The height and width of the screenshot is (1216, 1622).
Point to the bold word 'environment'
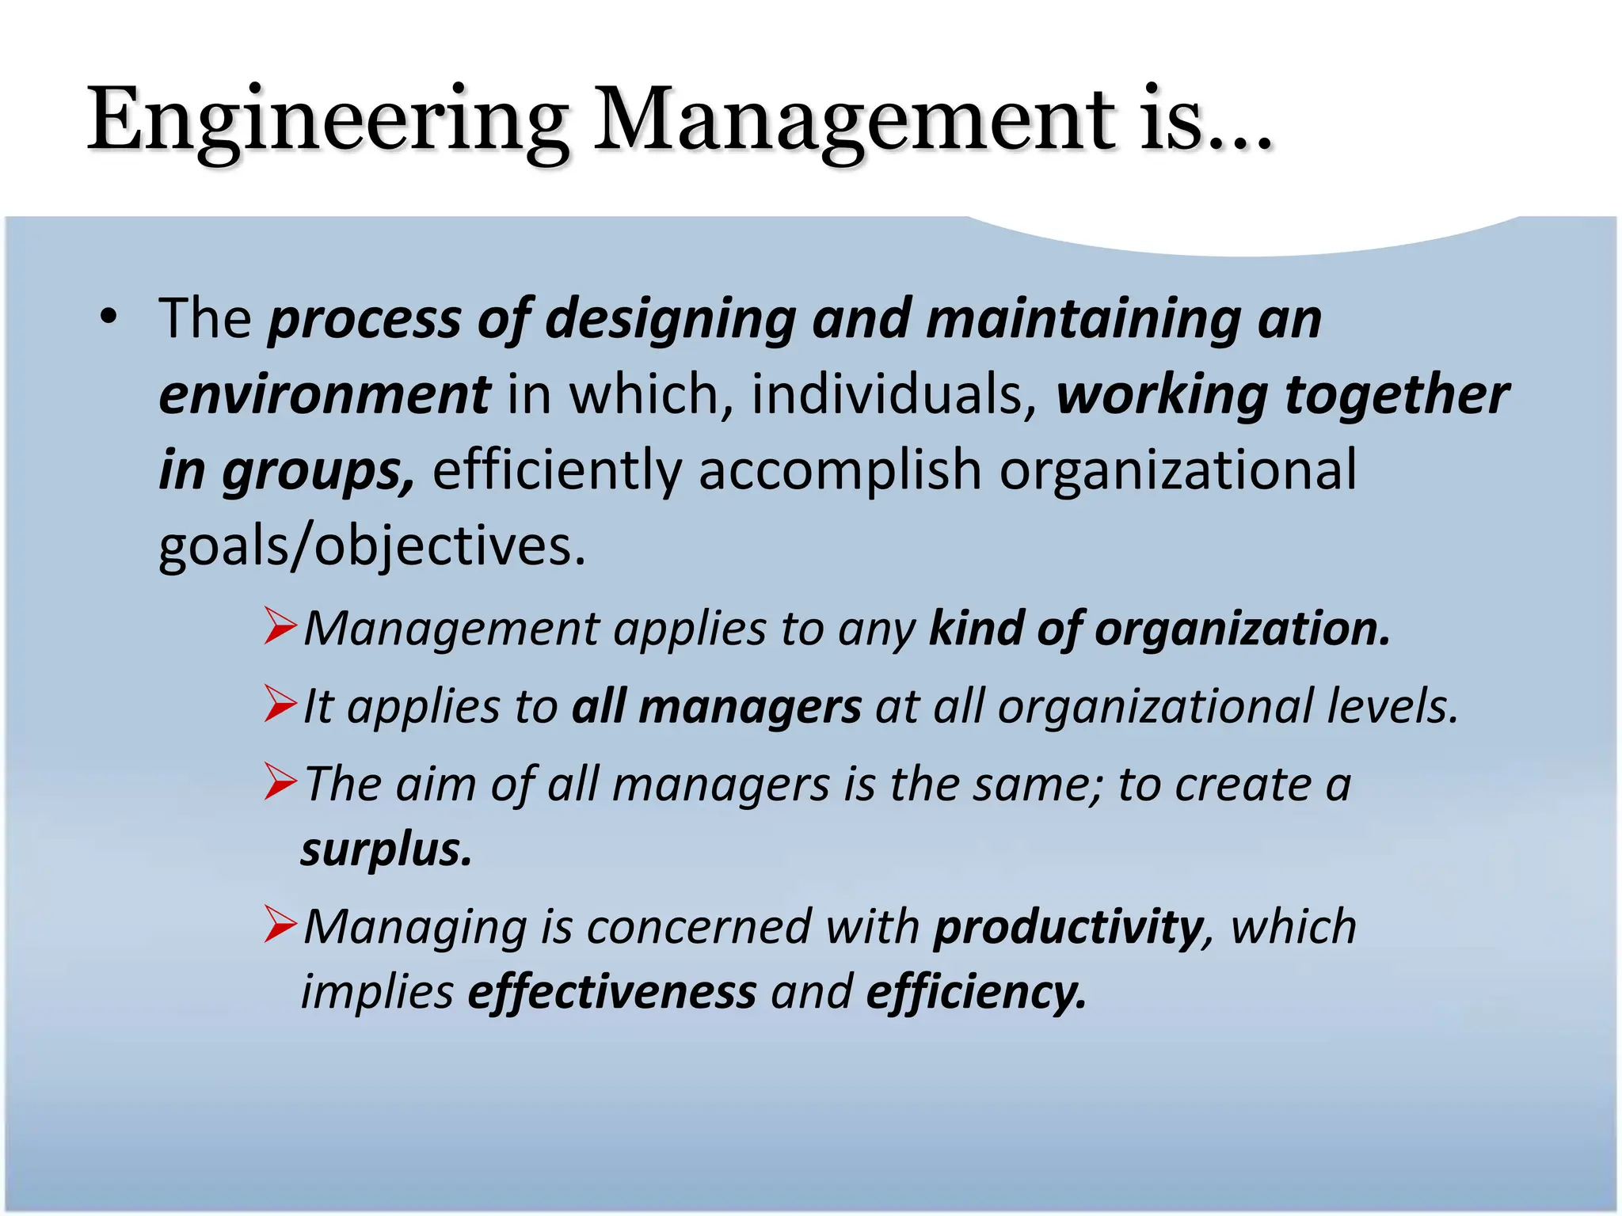click(324, 394)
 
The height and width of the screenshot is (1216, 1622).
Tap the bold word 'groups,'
click(318, 470)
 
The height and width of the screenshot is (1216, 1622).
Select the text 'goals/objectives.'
click(372, 546)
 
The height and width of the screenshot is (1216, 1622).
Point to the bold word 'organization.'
click(1243, 629)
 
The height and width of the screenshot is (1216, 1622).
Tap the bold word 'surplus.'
click(386, 849)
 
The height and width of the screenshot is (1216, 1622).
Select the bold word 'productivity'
click(1068, 927)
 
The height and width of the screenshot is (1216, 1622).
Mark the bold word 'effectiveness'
click(612, 991)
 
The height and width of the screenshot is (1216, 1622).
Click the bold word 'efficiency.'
click(976, 991)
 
